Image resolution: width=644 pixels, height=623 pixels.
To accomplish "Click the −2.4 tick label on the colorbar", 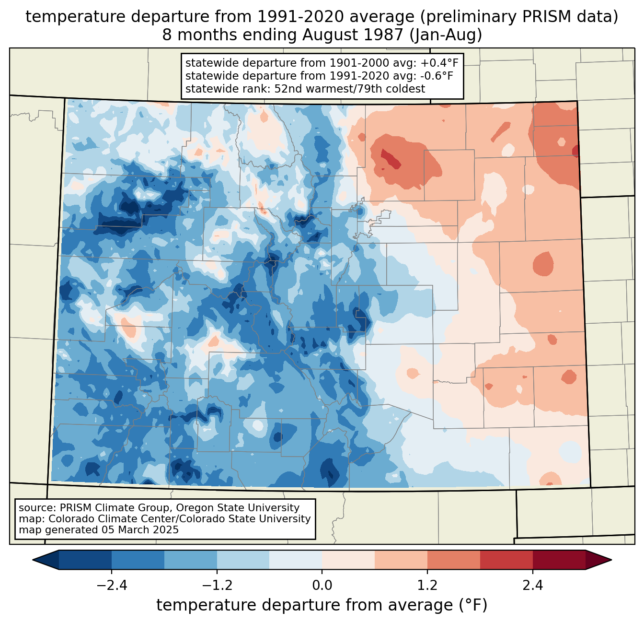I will [x=112, y=586].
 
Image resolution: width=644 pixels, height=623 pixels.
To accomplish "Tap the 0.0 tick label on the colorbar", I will [x=322, y=586].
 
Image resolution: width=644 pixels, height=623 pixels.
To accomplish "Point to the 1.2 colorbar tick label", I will [x=427, y=586].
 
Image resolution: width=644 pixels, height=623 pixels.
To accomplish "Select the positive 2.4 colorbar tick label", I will [x=533, y=586].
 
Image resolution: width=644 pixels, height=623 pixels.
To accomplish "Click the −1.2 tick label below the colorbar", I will [x=217, y=586].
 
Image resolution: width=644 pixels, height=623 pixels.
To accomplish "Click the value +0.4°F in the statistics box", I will [x=440, y=63].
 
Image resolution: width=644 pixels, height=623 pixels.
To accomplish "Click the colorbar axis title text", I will [x=322, y=605].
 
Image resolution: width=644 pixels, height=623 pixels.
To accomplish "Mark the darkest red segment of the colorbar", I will [x=559, y=560].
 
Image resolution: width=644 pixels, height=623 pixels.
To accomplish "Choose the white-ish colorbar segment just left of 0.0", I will [x=296, y=560].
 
